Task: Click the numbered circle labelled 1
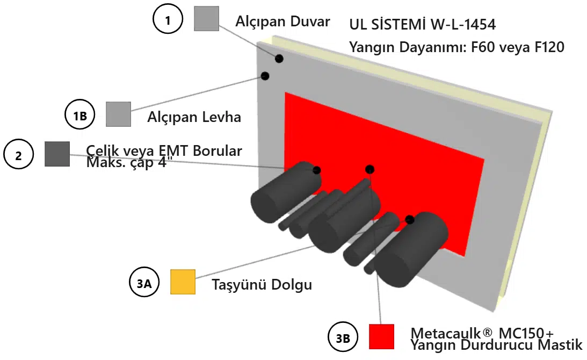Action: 168,20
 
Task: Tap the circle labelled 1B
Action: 79,114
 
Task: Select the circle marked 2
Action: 19,155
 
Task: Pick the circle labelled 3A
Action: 144,283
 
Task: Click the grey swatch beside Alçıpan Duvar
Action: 206,18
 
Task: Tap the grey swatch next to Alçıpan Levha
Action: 118,114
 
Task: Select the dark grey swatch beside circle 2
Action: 57,154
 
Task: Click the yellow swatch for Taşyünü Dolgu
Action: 183,282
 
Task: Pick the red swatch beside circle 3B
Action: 381,336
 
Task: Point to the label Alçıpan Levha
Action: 194,117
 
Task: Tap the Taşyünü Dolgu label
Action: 262,284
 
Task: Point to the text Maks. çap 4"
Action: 127,162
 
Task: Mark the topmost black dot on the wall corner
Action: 279,58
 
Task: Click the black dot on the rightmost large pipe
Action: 410,219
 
